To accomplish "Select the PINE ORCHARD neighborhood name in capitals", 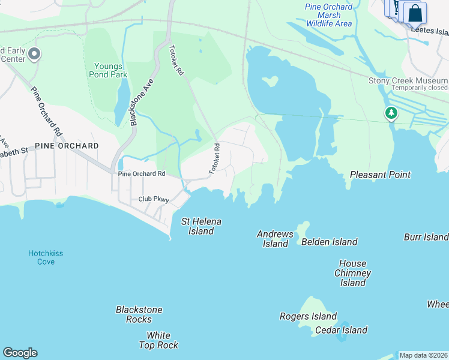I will tap(66, 146).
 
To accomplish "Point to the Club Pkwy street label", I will tap(154, 199).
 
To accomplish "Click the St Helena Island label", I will tap(201, 226).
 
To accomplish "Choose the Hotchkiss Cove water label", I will tap(45, 257).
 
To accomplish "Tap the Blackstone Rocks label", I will tap(139, 314).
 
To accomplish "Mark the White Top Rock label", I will tap(158, 340).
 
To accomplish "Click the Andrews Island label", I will tap(275, 239).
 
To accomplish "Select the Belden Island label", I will tap(329, 242).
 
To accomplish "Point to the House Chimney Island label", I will tap(352, 273).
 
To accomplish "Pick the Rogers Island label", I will tap(308, 316).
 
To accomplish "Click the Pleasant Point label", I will tap(380, 175).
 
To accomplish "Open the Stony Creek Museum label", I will tap(408, 80).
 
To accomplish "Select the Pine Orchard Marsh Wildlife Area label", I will tap(328, 15).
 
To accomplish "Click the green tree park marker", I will tap(391, 113).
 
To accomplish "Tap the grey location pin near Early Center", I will tap(34, 55).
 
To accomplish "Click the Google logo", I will tap(20, 353).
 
